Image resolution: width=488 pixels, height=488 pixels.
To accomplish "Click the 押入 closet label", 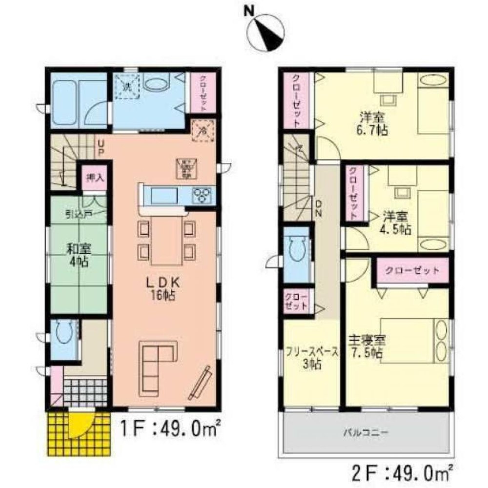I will click(94, 177).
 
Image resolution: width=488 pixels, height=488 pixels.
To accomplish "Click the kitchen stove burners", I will click(201, 196).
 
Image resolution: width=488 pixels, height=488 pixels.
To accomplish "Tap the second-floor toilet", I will click(296, 251).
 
